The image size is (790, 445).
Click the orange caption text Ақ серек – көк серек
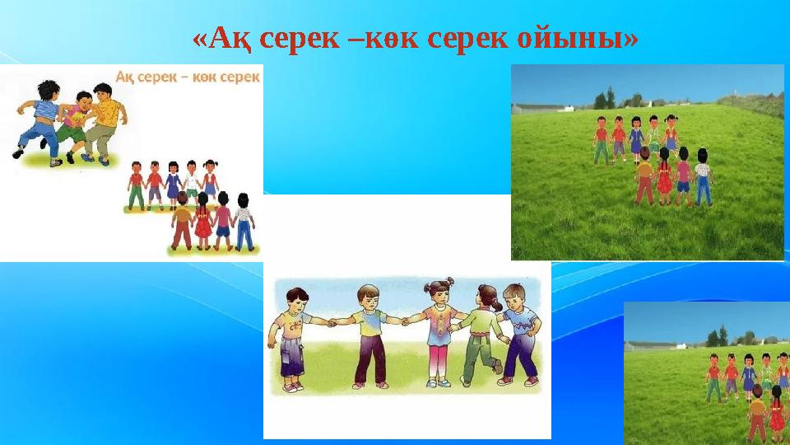click(188, 77)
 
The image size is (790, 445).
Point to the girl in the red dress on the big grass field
click(664, 177)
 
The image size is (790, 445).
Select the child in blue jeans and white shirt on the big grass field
click(703, 177)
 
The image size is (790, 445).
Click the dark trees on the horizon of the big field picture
click(605, 99)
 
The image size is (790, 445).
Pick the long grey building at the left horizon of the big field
click(539, 108)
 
